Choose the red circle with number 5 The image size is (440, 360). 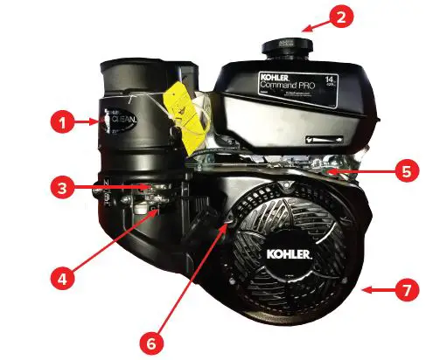tap(403, 172)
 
